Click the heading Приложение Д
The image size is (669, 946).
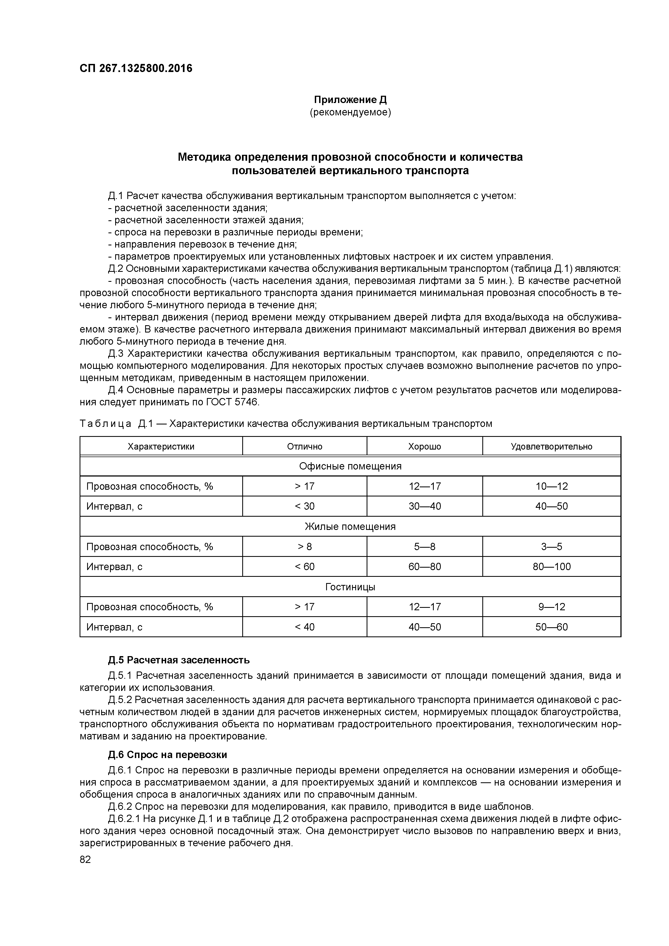(350, 100)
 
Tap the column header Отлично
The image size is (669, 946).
(305, 446)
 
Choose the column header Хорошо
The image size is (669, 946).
(425, 446)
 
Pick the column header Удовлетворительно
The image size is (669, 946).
(552, 446)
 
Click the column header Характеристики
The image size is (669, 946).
(161, 446)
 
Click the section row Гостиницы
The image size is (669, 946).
(350, 587)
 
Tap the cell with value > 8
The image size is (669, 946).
(305, 547)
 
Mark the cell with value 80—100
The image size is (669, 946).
(552, 567)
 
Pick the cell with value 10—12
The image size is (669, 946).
(552, 486)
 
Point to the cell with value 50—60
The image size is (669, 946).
(552, 627)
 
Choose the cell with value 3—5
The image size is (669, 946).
(552, 547)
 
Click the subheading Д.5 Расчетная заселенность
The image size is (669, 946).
(179, 660)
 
